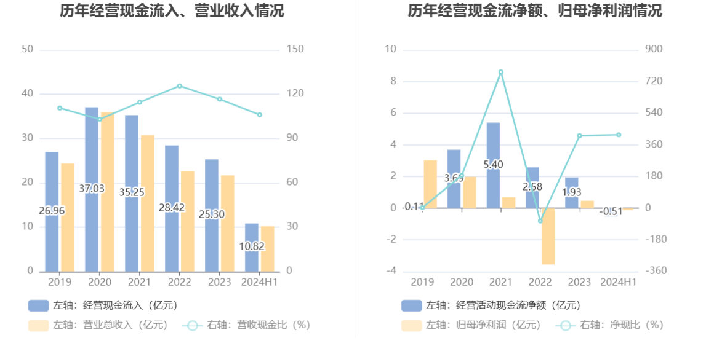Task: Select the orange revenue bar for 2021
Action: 147,203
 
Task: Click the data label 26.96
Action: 52,211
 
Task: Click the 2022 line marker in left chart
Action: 180,86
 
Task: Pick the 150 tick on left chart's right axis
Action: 295,49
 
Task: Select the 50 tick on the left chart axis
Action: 27,49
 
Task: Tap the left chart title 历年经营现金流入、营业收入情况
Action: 172,11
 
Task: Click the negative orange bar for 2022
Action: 548,236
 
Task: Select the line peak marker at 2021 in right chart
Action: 501,72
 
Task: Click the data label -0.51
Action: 611,211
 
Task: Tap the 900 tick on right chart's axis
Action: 654,49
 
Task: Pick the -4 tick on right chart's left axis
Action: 391,271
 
